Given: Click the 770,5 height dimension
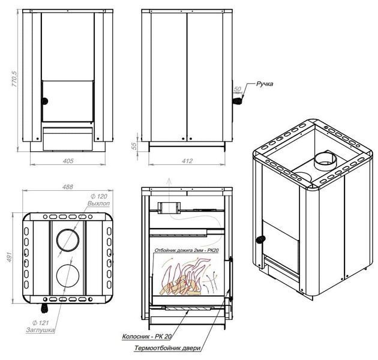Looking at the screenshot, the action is tap(14, 79).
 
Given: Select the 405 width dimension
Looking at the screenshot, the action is tap(68, 161).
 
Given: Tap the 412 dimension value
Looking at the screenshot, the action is tap(187, 161).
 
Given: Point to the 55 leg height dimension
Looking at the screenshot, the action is tap(134, 146).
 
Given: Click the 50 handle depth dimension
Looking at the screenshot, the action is tap(237, 89).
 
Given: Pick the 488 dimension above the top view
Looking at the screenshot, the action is tap(67, 187).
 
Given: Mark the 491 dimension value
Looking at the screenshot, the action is tap(9, 257).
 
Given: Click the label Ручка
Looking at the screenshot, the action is tap(265, 84).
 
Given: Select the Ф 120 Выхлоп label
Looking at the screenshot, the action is tap(99, 200).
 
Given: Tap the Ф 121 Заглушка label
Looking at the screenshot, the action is tap(40, 326).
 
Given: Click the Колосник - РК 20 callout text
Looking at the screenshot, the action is tap(147, 337).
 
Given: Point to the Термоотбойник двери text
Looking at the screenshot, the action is tap(167, 348).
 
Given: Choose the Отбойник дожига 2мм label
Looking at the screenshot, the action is tap(187, 250).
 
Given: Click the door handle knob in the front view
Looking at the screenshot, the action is tap(45, 101).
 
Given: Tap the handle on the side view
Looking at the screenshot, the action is tap(238, 101).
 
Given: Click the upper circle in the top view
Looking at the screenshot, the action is tap(68, 240).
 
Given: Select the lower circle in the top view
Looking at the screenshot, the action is tap(68, 276).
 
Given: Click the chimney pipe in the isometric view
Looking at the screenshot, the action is tap(325, 160).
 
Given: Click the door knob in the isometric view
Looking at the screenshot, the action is tap(260, 239).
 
